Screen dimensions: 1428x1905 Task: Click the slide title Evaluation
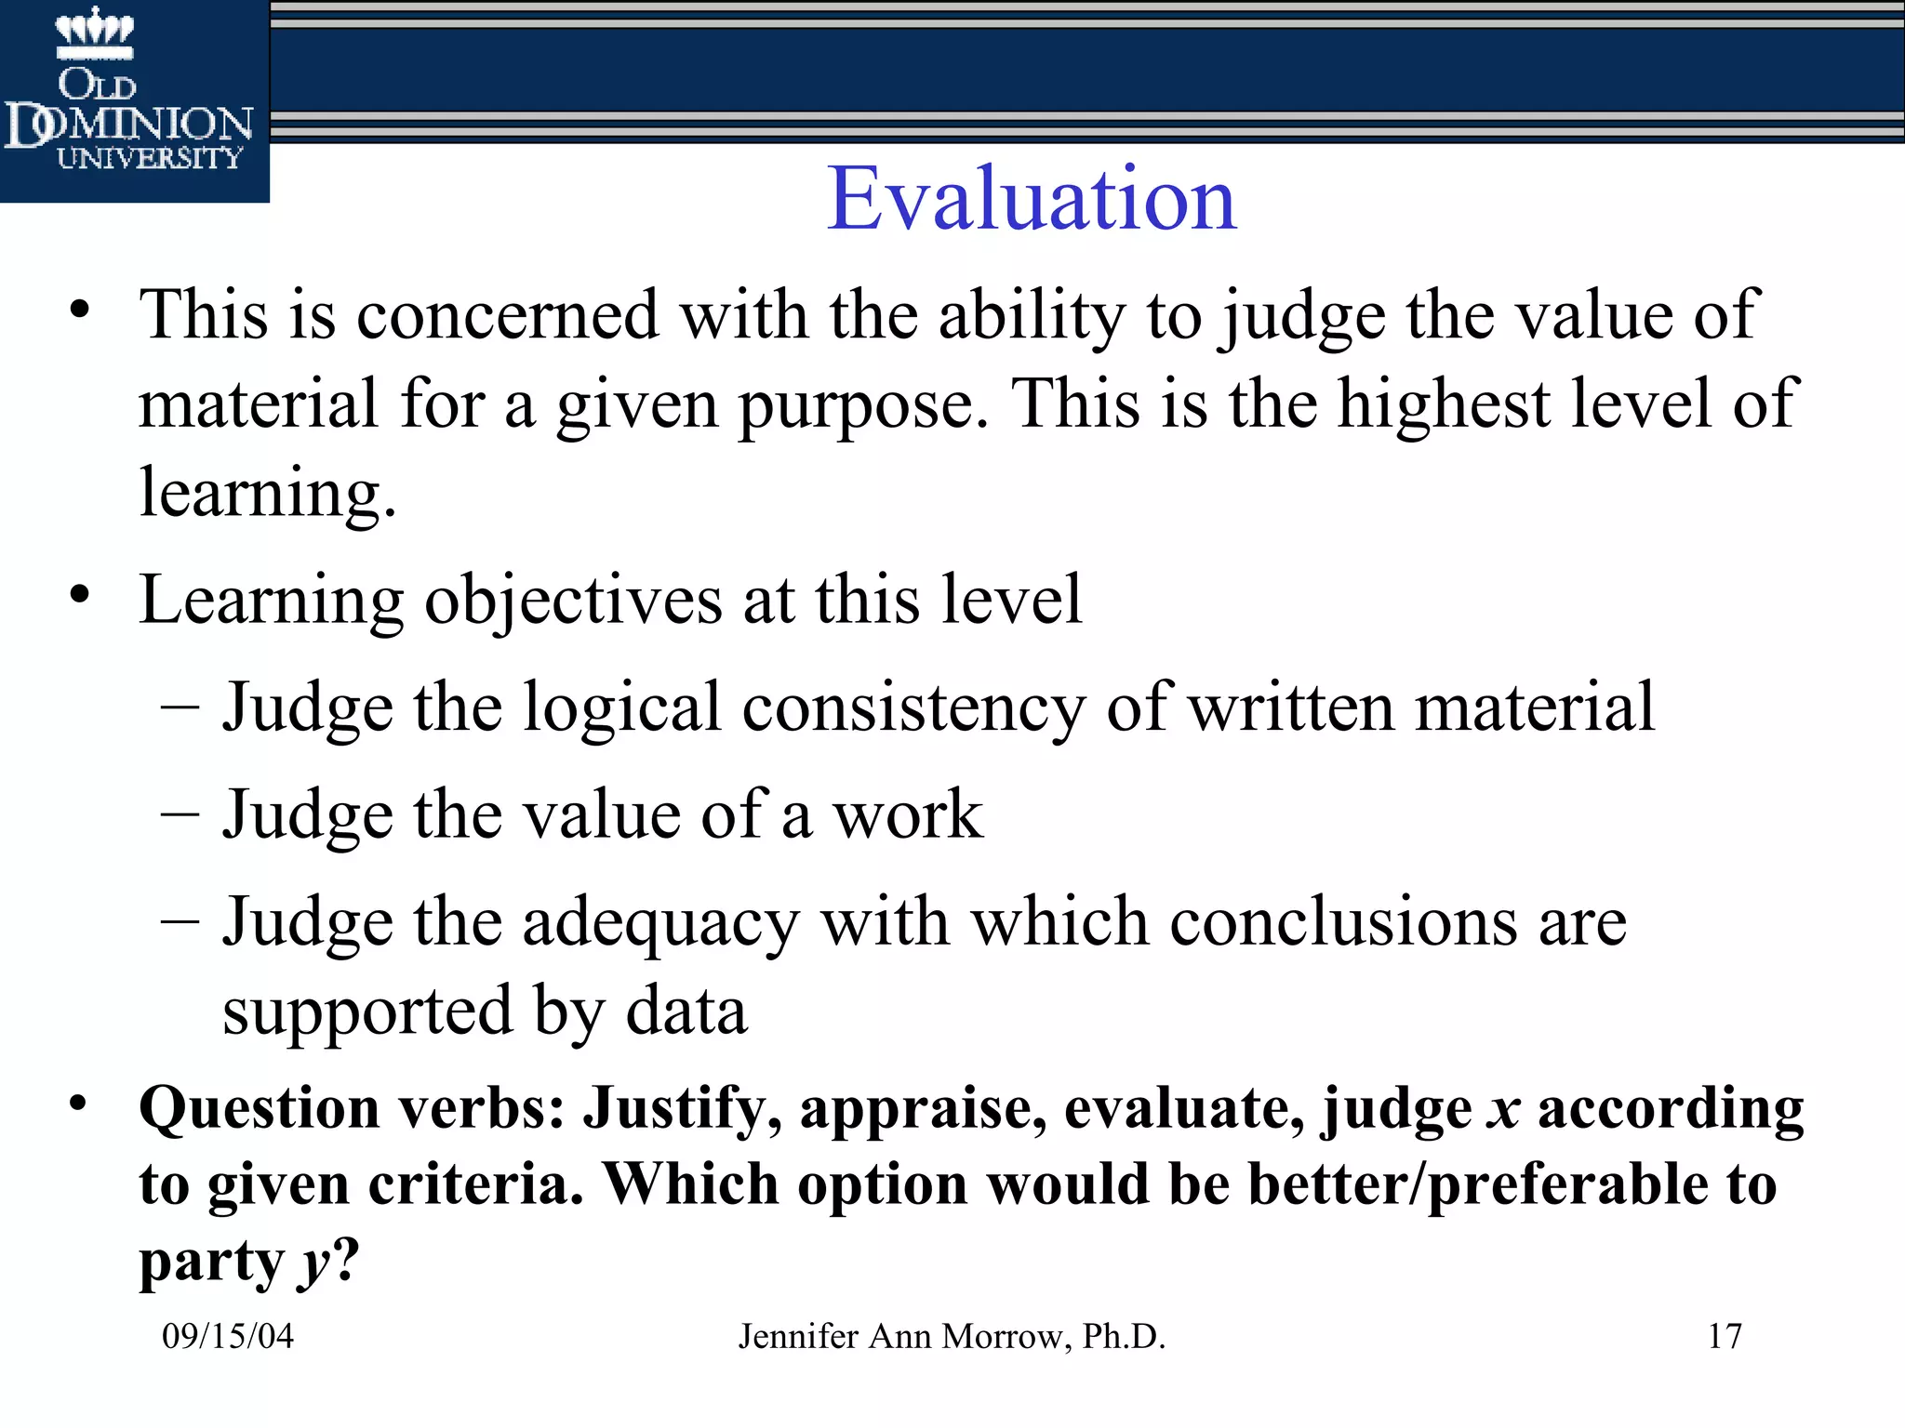[1032, 199]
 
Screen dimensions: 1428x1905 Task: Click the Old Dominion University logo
[134, 100]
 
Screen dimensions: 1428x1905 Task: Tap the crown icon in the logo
[95, 30]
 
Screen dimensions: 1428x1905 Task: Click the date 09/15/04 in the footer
[228, 1336]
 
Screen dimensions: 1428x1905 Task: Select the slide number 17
[1725, 1336]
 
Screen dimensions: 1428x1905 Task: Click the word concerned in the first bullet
[507, 315]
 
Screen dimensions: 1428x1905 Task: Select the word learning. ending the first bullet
[267, 493]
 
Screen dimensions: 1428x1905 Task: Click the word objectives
[573, 601]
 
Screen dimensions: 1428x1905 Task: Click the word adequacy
[660, 923]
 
